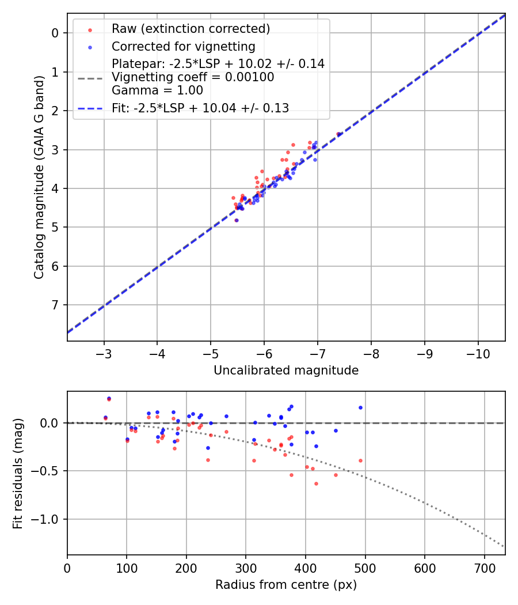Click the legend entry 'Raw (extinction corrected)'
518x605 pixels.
coord(191,29)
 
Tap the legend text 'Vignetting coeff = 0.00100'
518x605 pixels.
coord(193,77)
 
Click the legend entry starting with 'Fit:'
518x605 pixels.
coord(200,108)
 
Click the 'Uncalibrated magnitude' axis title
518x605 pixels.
coord(286,370)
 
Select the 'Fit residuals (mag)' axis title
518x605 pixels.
coord(18,473)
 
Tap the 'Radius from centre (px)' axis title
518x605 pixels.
coord(286,585)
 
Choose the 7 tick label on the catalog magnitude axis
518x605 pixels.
coord(56,305)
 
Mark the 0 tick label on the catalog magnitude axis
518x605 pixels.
coord(56,33)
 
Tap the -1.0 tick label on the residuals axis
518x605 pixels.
coord(48,519)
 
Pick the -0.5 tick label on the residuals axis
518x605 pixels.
coord(48,471)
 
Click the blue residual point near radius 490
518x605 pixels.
coord(360,407)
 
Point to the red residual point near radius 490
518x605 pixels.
coord(360,460)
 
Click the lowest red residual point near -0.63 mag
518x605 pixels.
coord(316,483)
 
